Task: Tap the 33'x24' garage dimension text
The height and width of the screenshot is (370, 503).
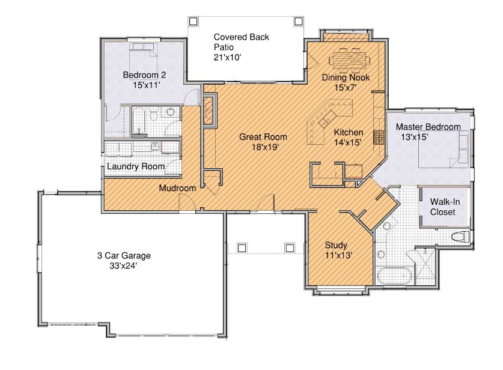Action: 124,266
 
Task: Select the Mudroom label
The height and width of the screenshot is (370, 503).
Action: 177,188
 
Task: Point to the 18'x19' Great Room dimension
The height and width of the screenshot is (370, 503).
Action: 265,147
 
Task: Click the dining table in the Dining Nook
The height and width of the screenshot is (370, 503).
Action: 349,59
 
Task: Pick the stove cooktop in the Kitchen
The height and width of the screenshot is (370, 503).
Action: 379,137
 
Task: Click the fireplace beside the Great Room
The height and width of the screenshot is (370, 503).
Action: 209,109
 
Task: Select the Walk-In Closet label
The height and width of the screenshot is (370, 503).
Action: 445,207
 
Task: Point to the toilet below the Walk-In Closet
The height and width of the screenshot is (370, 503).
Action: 460,237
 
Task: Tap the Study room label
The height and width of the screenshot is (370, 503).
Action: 336,245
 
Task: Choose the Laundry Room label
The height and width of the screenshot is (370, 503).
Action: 136,166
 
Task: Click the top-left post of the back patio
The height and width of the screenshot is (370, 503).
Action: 193,22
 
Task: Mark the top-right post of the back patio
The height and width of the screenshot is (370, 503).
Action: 298,22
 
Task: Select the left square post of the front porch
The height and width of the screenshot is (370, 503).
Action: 242,248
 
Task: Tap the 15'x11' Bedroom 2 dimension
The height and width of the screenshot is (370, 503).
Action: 146,85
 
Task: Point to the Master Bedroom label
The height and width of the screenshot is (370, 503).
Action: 428,127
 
